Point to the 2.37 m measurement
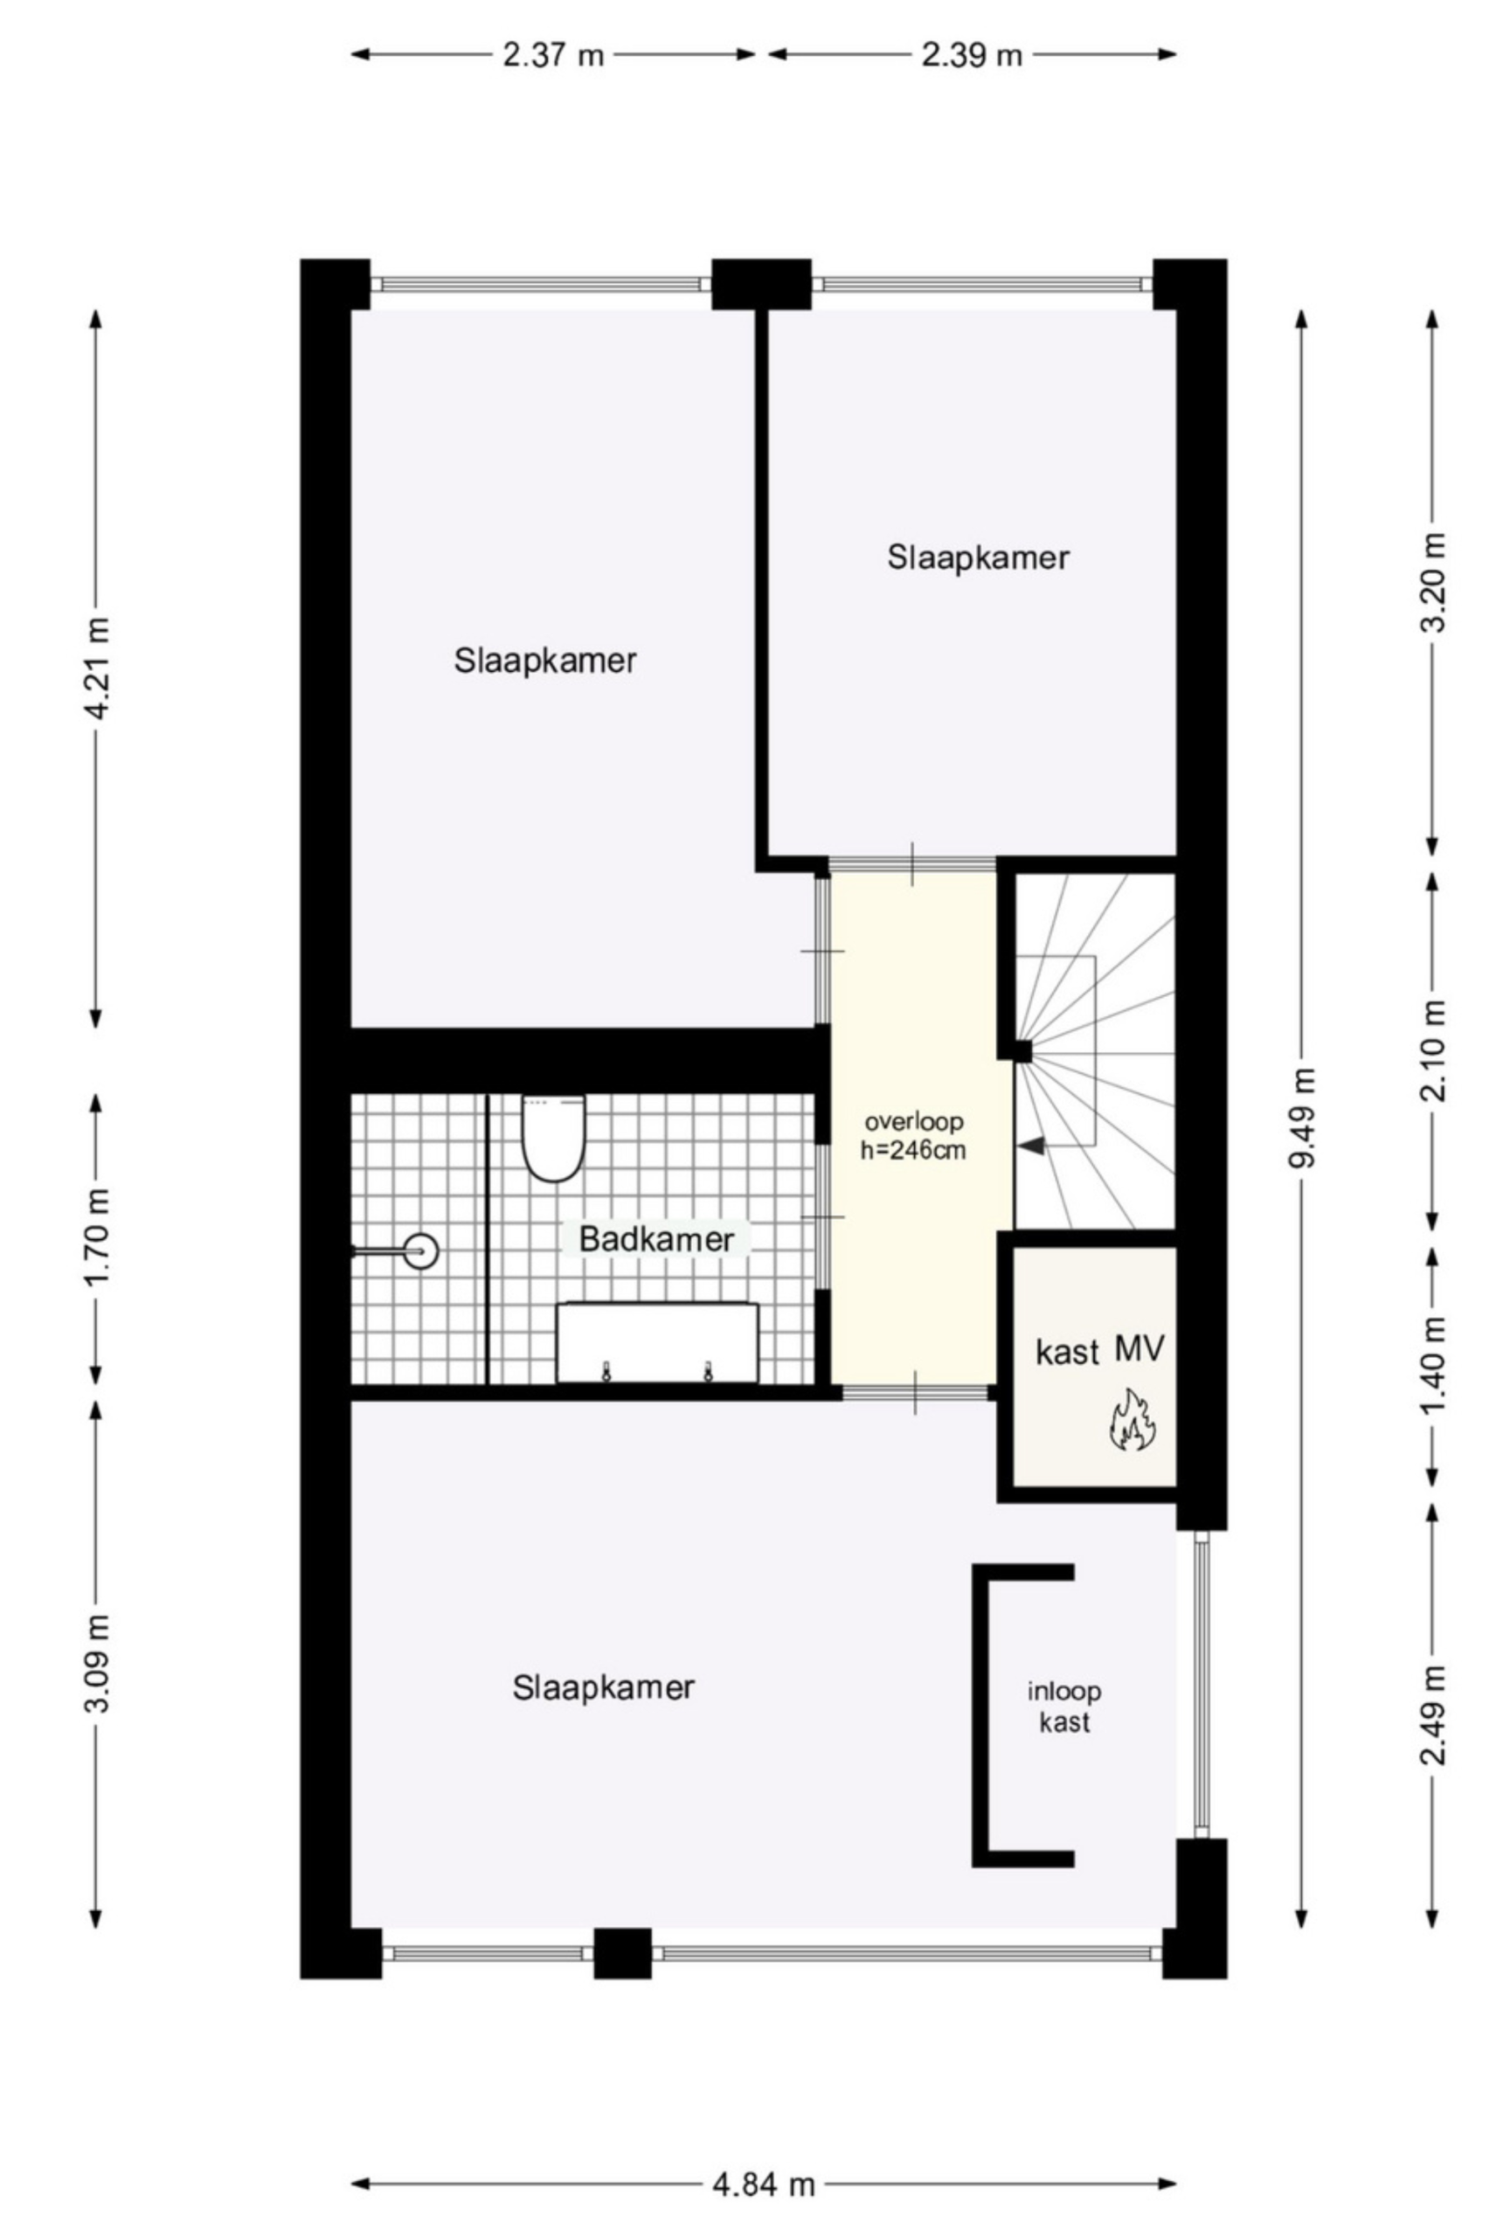(x=552, y=55)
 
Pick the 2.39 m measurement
(x=971, y=55)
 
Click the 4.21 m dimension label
(x=97, y=668)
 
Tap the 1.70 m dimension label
(x=97, y=1236)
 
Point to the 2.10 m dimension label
(x=1434, y=1050)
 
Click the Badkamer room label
(x=656, y=1239)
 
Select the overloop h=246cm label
(x=913, y=1135)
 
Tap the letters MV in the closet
(x=1139, y=1349)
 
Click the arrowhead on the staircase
(x=1032, y=1146)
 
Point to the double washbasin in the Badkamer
(x=657, y=1343)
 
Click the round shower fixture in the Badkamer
(x=420, y=1251)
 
